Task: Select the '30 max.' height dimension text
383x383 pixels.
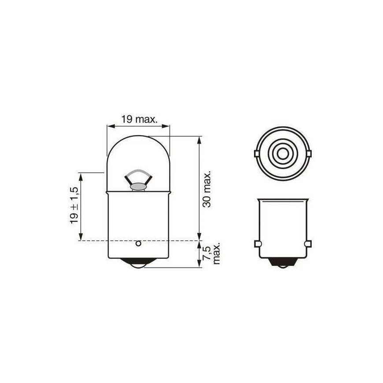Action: pyautogui.click(x=206, y=190)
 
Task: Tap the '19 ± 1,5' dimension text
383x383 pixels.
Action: pyautogui.click(x=74, y=206)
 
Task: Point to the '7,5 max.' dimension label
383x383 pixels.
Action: pyautogui.click(x=211, y=253)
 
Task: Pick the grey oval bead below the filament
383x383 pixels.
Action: pyautogui.click(x=139, y=187)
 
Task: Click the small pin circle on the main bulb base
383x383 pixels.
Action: pyautogui.click(x=139, y=243)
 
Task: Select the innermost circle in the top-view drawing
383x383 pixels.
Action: pyautogui.click(x=283, y=154)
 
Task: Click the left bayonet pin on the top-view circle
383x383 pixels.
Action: pyautogui.click(x=257, y=154)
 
